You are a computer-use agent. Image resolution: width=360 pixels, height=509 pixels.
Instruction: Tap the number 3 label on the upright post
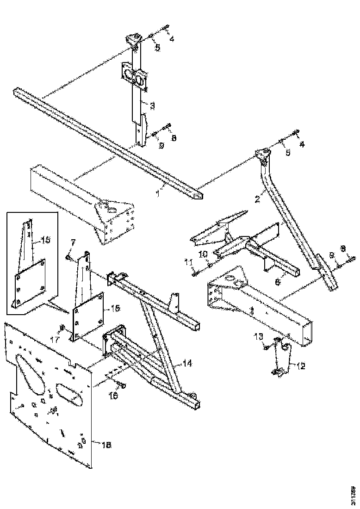coord(152,106)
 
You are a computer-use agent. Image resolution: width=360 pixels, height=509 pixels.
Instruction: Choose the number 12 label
coord(301,366)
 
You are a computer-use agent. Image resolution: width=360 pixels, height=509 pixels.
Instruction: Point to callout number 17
coord(54,340)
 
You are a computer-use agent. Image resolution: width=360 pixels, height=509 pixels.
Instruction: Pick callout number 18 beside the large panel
coord(106,445)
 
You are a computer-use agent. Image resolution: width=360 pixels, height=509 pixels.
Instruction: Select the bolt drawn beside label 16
coord(122,385)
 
